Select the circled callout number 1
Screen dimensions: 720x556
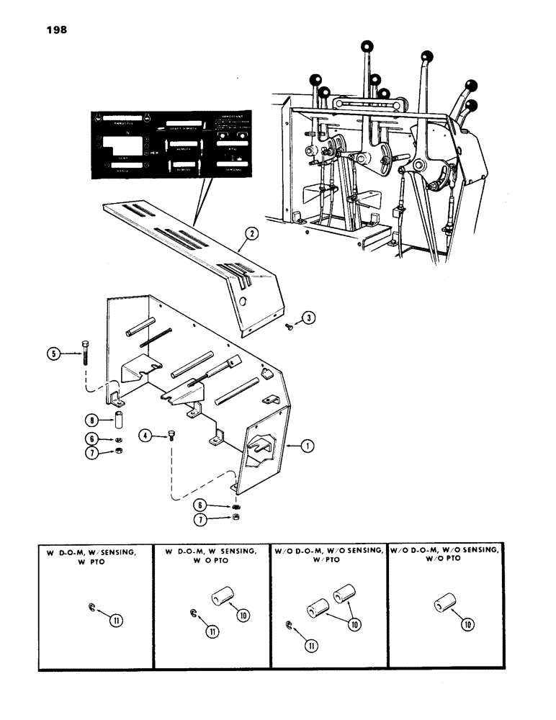pyautogui.click(x=308, y=446)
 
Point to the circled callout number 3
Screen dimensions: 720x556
pyautogui.click(x=308, y=317)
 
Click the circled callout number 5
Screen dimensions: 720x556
pyautogui.click(x=56, y=354)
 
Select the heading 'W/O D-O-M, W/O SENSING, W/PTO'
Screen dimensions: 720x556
pyautogui.click(x=328, y=556)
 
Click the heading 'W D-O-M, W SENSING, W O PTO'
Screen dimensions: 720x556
pyautogui.click(x=212, y=556)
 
